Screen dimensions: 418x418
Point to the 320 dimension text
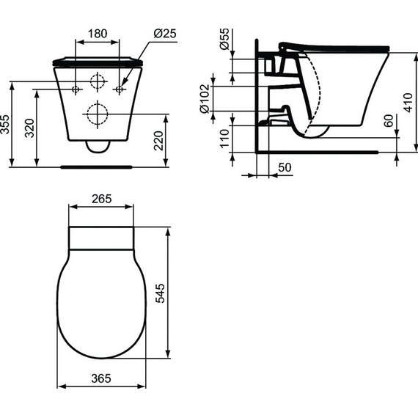point(30,129)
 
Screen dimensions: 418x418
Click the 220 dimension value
point(160,139)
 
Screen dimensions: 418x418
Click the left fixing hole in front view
point(76,89)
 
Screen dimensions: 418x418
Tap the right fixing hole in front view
point(119,89)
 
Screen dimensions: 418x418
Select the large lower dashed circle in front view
point(97,114)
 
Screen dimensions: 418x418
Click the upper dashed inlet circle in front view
point(97,82)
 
